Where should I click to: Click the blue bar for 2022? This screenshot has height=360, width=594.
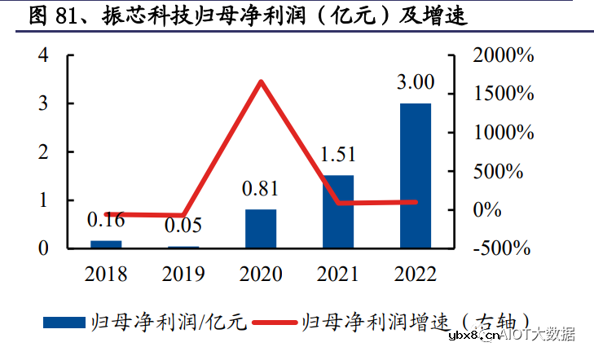[x=416, y=175]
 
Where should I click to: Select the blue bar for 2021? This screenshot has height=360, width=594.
[x=338, y=211]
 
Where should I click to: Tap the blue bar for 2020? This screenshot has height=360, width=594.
[x=261, y=228]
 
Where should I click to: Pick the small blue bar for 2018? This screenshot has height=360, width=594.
[x=106, y=244]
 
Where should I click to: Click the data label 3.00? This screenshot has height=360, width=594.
[x=416, y=83]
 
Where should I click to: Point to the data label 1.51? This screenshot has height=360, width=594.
[x=338, y=155]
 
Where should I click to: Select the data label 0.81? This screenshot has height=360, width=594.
[x=261, y=189]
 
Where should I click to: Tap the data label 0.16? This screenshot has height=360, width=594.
[x=106, y=219]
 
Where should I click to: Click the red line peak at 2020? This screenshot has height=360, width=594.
[x=261, y=81]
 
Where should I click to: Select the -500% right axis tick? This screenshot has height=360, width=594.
[x=505, y=248]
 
